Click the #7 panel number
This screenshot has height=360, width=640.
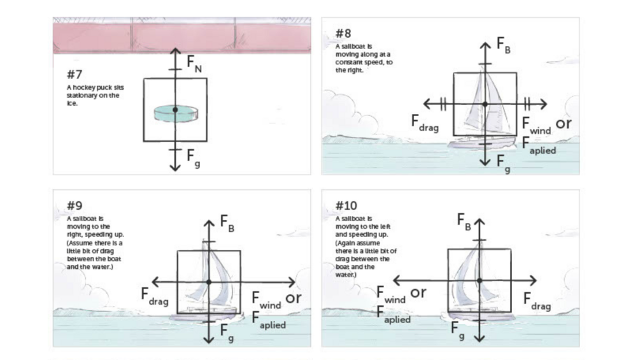point(75,74)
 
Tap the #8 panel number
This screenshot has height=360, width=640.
point(343,33)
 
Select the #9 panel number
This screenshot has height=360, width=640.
point(75,206)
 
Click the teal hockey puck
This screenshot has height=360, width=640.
point(176,113)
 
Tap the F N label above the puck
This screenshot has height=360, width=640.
point(194,64)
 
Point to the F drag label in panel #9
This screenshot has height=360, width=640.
point(154,296)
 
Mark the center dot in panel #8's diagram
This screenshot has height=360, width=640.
point(485,104)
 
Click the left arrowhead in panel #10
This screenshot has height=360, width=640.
point(396,280)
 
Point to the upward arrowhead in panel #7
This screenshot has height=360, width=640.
point(175,50)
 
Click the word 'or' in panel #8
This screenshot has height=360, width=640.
point(564,124)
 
